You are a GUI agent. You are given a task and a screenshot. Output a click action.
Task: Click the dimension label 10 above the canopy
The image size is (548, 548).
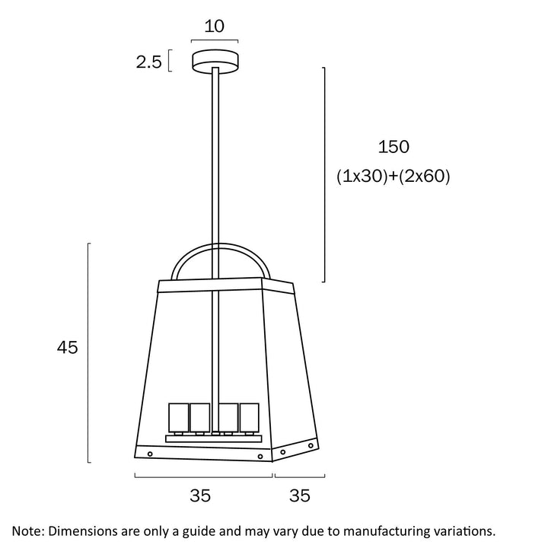(x=215, y=27)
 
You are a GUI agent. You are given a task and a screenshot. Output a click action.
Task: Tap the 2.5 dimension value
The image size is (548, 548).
(x=149, y=62)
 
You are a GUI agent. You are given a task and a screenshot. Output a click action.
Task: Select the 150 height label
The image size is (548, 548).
(x=393, y=147)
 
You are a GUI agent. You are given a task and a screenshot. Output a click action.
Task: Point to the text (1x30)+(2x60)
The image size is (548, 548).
(x=393, y=177)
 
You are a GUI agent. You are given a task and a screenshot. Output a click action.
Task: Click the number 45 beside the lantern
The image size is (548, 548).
(x=68, y=348)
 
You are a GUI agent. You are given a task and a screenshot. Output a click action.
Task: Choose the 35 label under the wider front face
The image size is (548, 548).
(x=199, y=495)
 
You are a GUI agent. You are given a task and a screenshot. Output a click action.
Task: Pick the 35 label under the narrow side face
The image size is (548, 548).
(x=300, y=495)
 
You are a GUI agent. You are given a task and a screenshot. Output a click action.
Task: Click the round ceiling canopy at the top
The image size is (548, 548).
(x=215, y=59)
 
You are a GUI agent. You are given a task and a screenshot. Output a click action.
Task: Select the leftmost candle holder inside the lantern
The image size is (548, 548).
(x=178, y=416)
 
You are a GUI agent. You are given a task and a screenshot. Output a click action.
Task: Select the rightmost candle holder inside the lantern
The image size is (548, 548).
(x=250, y=416)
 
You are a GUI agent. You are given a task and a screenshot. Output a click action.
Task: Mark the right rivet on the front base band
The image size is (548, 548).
(x=260, y=456)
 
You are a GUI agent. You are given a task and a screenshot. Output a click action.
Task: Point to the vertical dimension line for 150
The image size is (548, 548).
(x=325, y=175)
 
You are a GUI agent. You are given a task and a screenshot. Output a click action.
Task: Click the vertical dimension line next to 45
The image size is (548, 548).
(x=90, y=352)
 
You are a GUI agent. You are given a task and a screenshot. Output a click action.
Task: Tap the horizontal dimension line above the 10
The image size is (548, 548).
(x=215, y=41)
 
